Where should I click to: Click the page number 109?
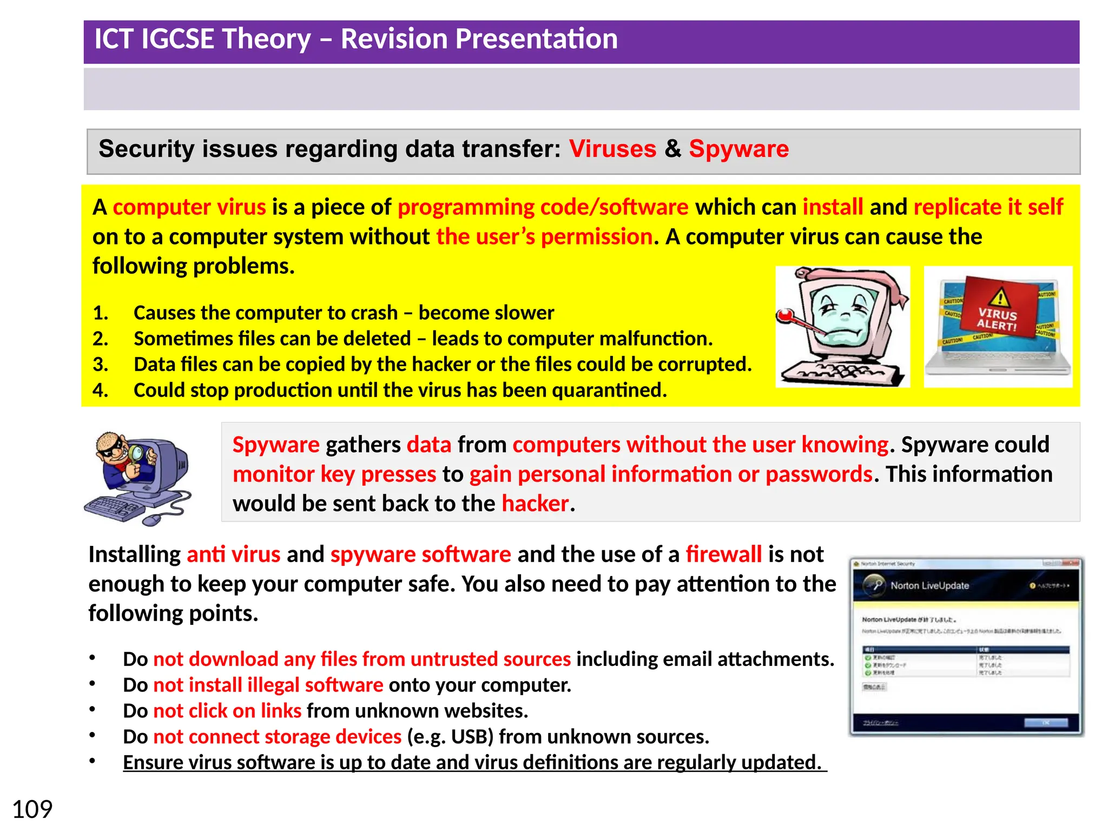[32, 809]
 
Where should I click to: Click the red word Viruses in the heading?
[612, 149]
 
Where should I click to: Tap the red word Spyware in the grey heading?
[738, 149]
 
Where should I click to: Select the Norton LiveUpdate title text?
[929, 585]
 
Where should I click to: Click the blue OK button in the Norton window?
[1045, 723]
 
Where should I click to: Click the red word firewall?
[723, 555]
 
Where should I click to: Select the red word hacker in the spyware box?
[535, 504]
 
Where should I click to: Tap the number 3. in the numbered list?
[101, 365]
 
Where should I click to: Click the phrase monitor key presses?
[334, 474]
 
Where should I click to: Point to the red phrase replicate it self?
[988, 207]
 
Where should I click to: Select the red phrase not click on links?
[227, 711]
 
